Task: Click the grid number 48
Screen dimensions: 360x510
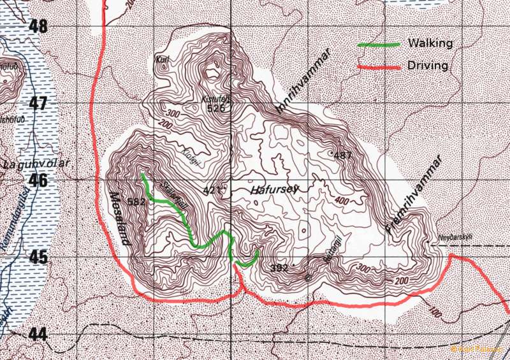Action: [38, 27]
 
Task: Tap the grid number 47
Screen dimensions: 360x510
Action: [38, 103]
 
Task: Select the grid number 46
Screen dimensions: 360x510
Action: [38, 180]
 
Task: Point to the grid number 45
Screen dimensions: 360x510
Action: [38, 257]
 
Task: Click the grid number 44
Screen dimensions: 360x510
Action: [38, 334]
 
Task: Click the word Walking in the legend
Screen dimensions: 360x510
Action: [430, 43]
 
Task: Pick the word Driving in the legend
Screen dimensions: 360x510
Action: [428, 65]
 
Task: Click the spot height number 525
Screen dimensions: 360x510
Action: [216, 108]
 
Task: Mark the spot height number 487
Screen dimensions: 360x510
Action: [342, 155]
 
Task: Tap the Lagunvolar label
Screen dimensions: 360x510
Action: [36, 164]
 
